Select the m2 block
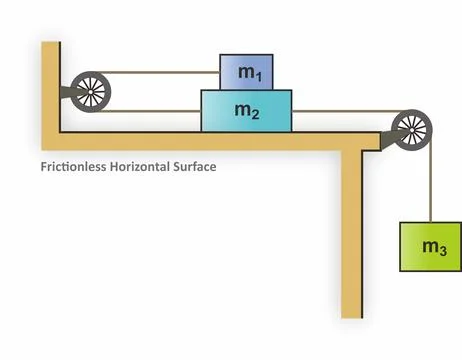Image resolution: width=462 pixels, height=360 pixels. pos(247,110)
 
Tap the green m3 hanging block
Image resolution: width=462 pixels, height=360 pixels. pos(431,246)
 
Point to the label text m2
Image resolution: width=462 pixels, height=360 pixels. pos(247,111)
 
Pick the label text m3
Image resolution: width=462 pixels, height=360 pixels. pos(432,247)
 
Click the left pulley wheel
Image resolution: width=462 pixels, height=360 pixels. pos(89,91)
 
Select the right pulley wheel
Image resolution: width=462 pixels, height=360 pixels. pos(410,127)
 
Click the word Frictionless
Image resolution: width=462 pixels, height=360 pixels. pos(73,167)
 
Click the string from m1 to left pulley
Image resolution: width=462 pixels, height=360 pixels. pos(160,72)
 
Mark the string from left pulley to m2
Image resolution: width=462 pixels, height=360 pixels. pos(150,110)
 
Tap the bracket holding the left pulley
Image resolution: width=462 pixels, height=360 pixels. pos(67,95)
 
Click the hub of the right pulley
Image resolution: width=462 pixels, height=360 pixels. pos(410,127)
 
